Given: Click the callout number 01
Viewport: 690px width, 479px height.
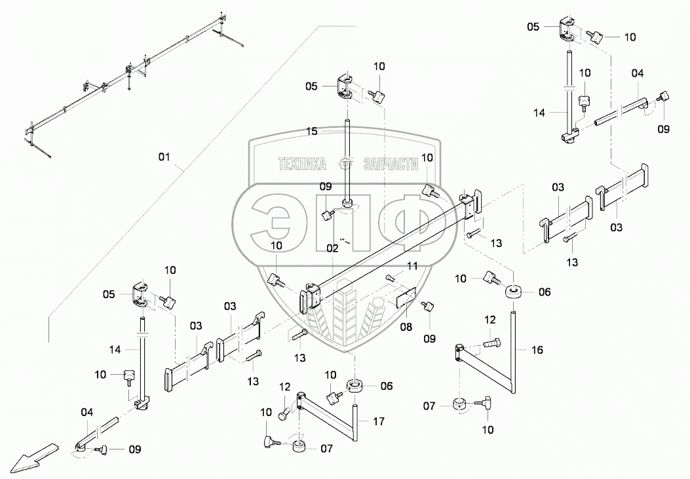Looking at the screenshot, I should (164, 157).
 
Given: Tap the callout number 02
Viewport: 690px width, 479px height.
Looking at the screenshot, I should (332, 248).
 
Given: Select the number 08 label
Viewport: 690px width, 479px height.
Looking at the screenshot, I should (407, 326).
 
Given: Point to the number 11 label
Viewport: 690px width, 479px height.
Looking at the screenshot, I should (412, 266).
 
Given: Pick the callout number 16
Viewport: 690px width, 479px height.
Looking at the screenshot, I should (537, 351).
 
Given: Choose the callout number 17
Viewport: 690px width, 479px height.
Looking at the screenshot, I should (379, 422).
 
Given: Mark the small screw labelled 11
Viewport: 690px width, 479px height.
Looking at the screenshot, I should (391, 280).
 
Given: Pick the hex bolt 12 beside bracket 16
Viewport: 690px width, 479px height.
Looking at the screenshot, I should (492, 341).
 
